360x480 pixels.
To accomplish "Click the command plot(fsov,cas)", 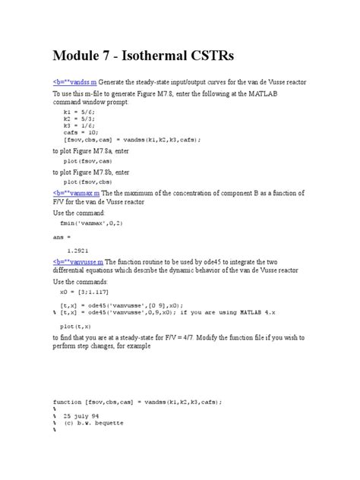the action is (x=95, y=162).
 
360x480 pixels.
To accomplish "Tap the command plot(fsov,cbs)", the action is (x=95, y=182).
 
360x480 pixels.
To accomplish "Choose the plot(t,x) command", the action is (x=79, y=321).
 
